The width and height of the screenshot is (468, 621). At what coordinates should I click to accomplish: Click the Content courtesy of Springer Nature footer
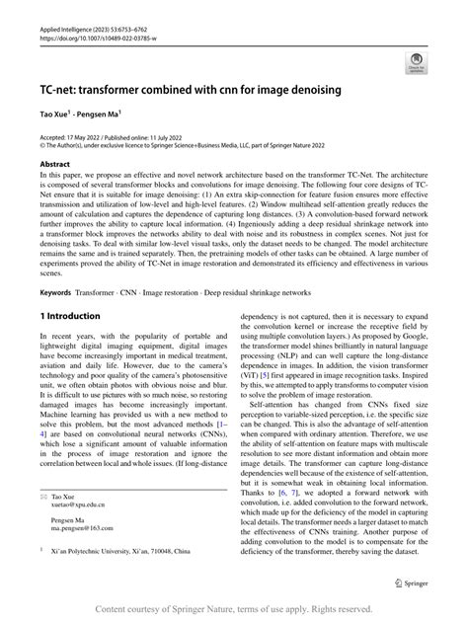coord(233,609)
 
